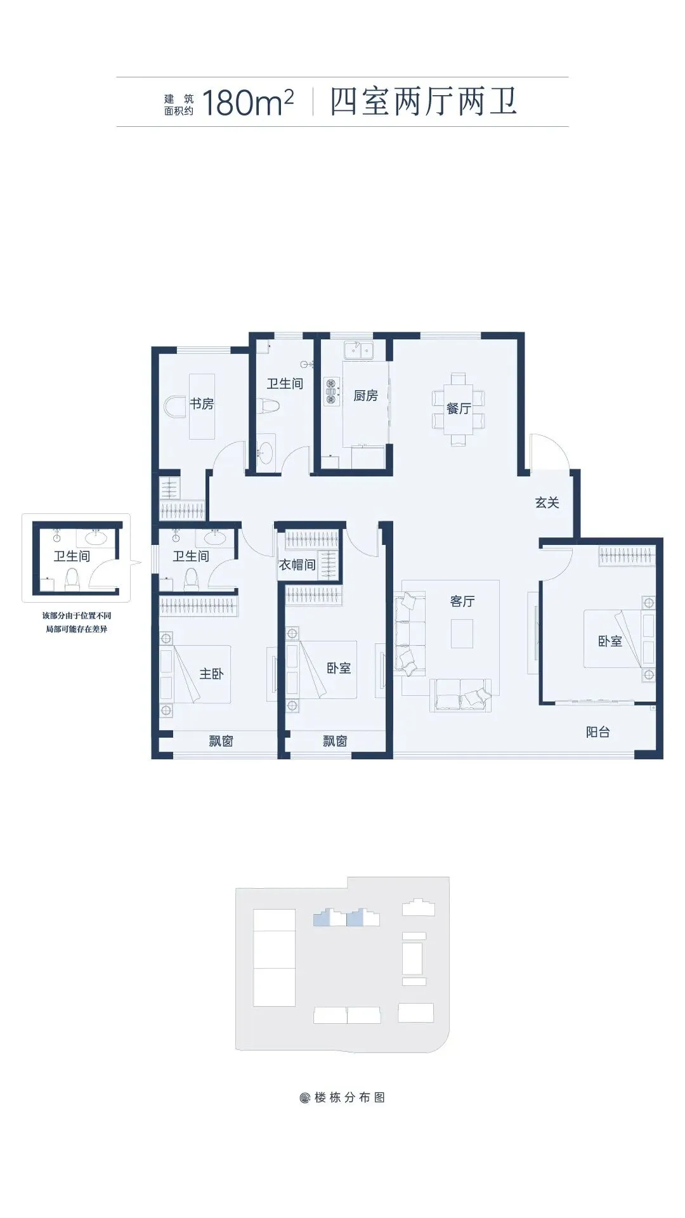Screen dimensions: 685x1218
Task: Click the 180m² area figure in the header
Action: click(247, 103)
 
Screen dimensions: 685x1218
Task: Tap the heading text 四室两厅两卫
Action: click(424, 102)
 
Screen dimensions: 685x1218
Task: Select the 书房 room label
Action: click(202, 403)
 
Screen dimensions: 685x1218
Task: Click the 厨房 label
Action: click(365, 396)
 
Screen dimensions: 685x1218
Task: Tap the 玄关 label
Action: click(547, 502)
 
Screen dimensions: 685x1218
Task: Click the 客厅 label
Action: click(462, 601)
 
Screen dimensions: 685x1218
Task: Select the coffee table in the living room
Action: click(462, 633)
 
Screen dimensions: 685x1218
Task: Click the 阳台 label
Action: click(597, 732)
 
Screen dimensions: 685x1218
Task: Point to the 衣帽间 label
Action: click(297, 564)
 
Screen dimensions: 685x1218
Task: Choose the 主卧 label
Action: click(211, 674)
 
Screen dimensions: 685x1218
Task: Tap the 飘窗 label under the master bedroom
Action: click(221, 741)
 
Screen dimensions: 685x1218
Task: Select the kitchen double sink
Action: click(357, 350)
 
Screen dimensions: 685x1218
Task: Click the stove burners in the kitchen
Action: click(330, 391)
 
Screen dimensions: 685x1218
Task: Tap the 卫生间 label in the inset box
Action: click(72, 556)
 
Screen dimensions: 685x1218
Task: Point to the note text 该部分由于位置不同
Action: click(77, 615)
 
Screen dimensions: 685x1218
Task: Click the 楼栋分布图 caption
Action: click(349, 1097)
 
